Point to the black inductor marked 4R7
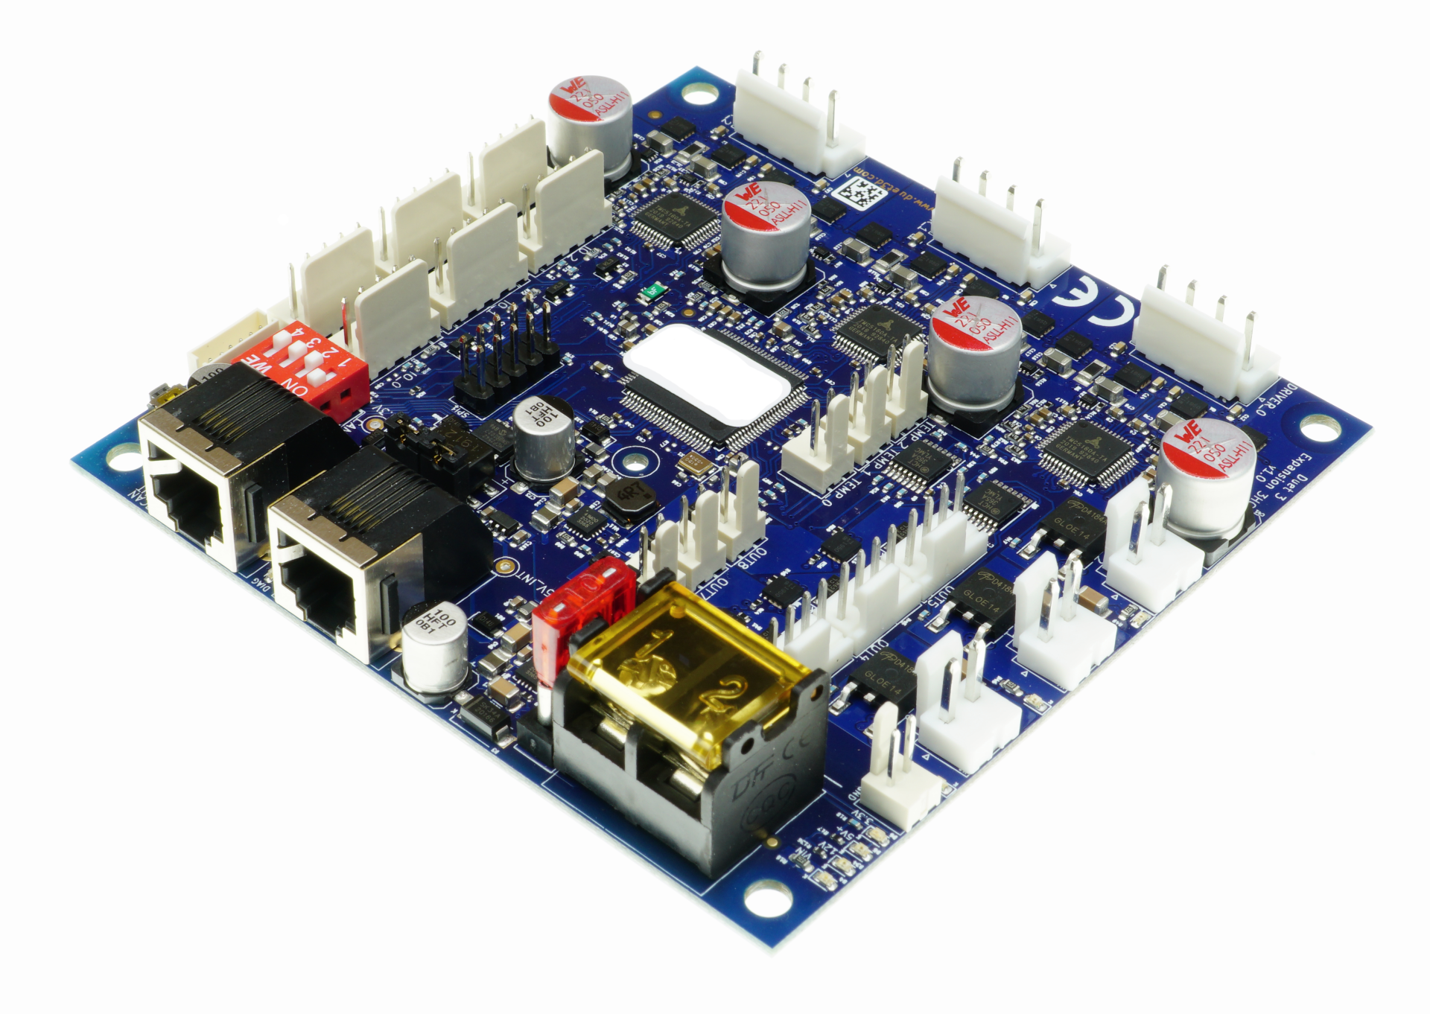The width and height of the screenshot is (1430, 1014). [x=631, y=497]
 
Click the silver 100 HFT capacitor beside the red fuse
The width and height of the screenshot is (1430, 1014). [x=436, y=645]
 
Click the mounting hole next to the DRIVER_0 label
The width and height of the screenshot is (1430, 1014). [x=1321, y=428]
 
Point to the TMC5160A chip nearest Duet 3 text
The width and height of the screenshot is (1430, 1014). [x=1087, y=450]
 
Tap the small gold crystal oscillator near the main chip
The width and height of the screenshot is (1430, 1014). [x=693, y=463]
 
